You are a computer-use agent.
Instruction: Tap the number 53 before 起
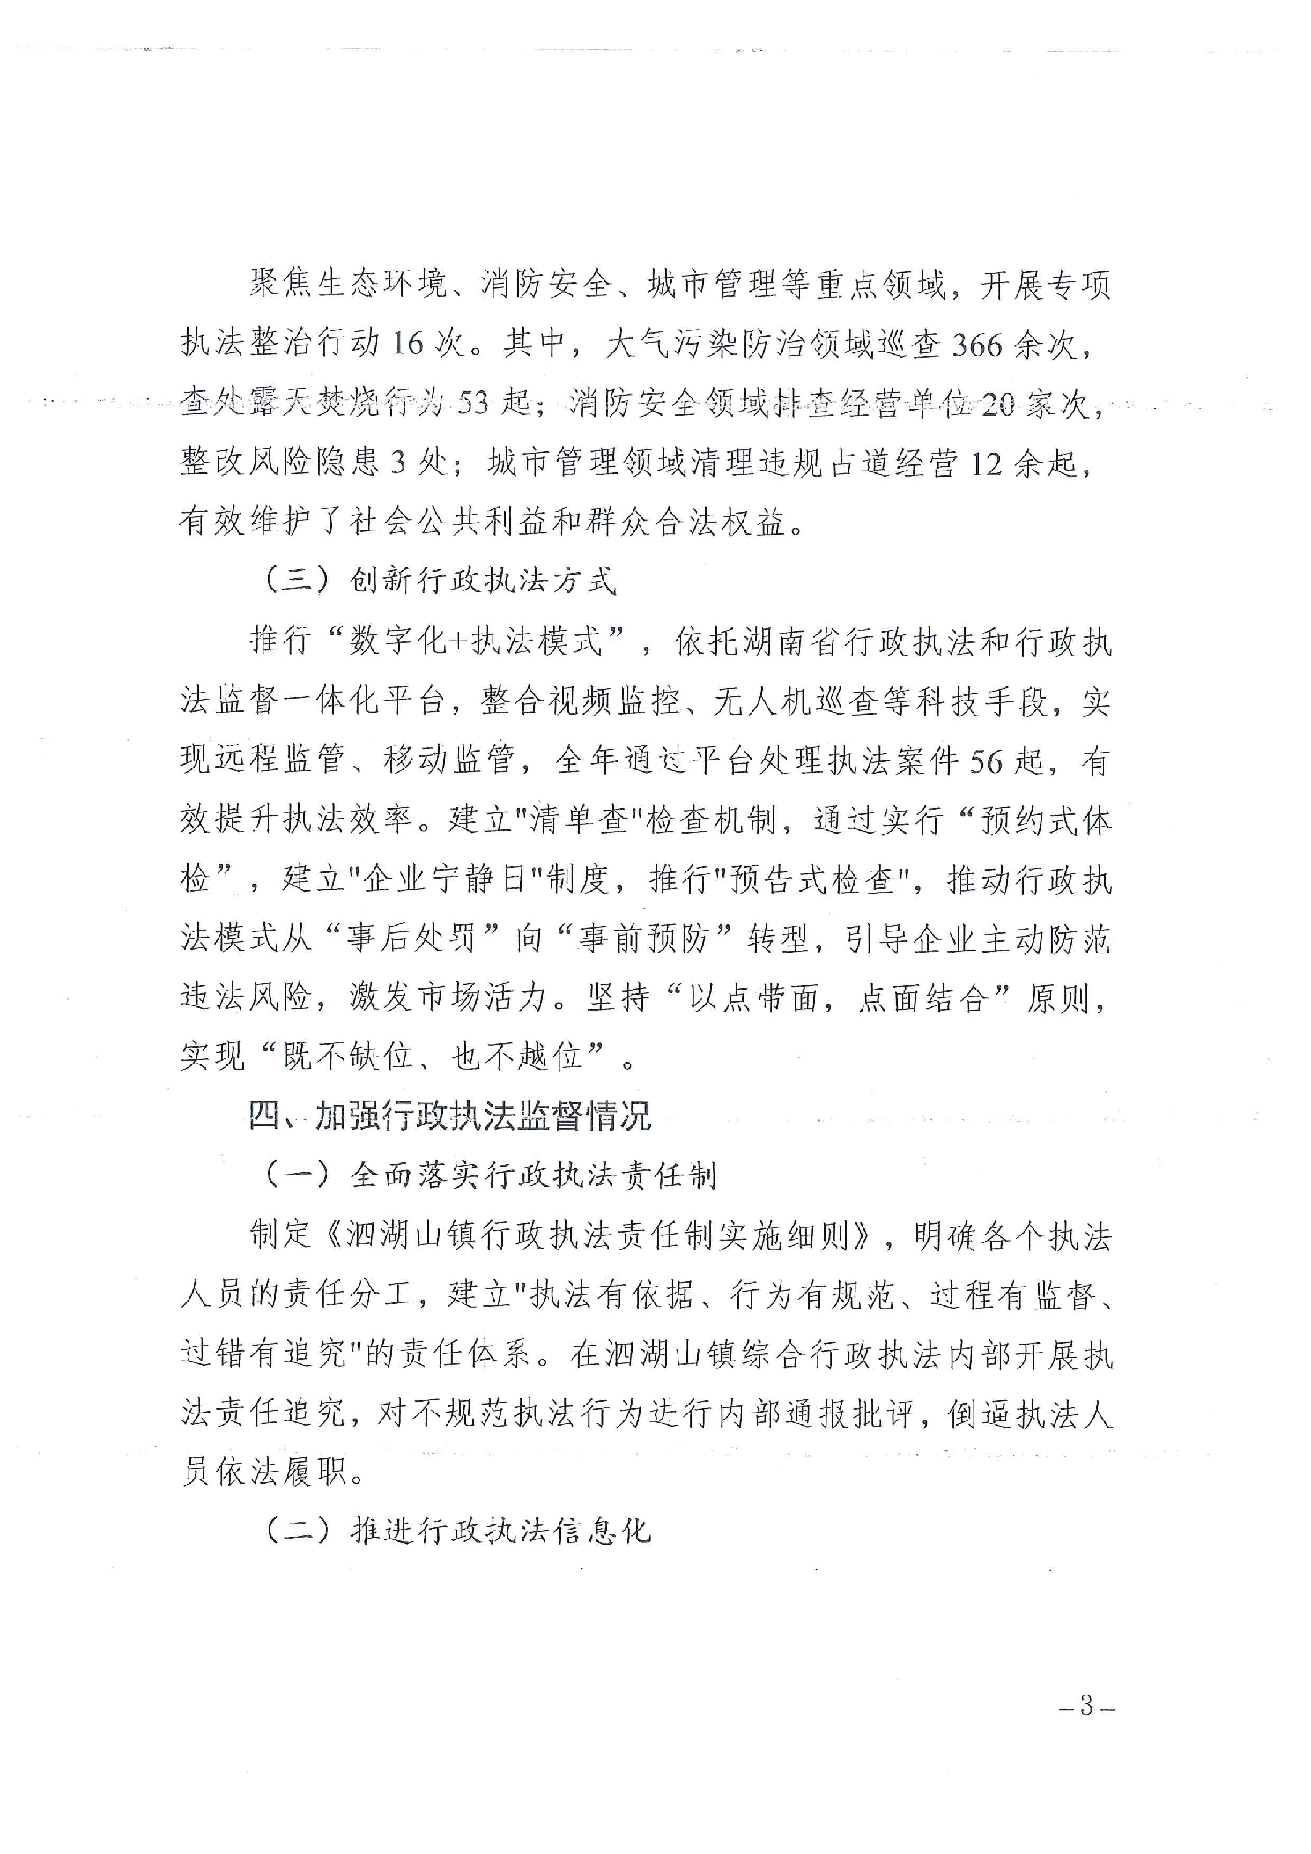pos(474,404)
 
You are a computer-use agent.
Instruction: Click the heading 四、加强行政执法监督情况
pos(449,1116)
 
